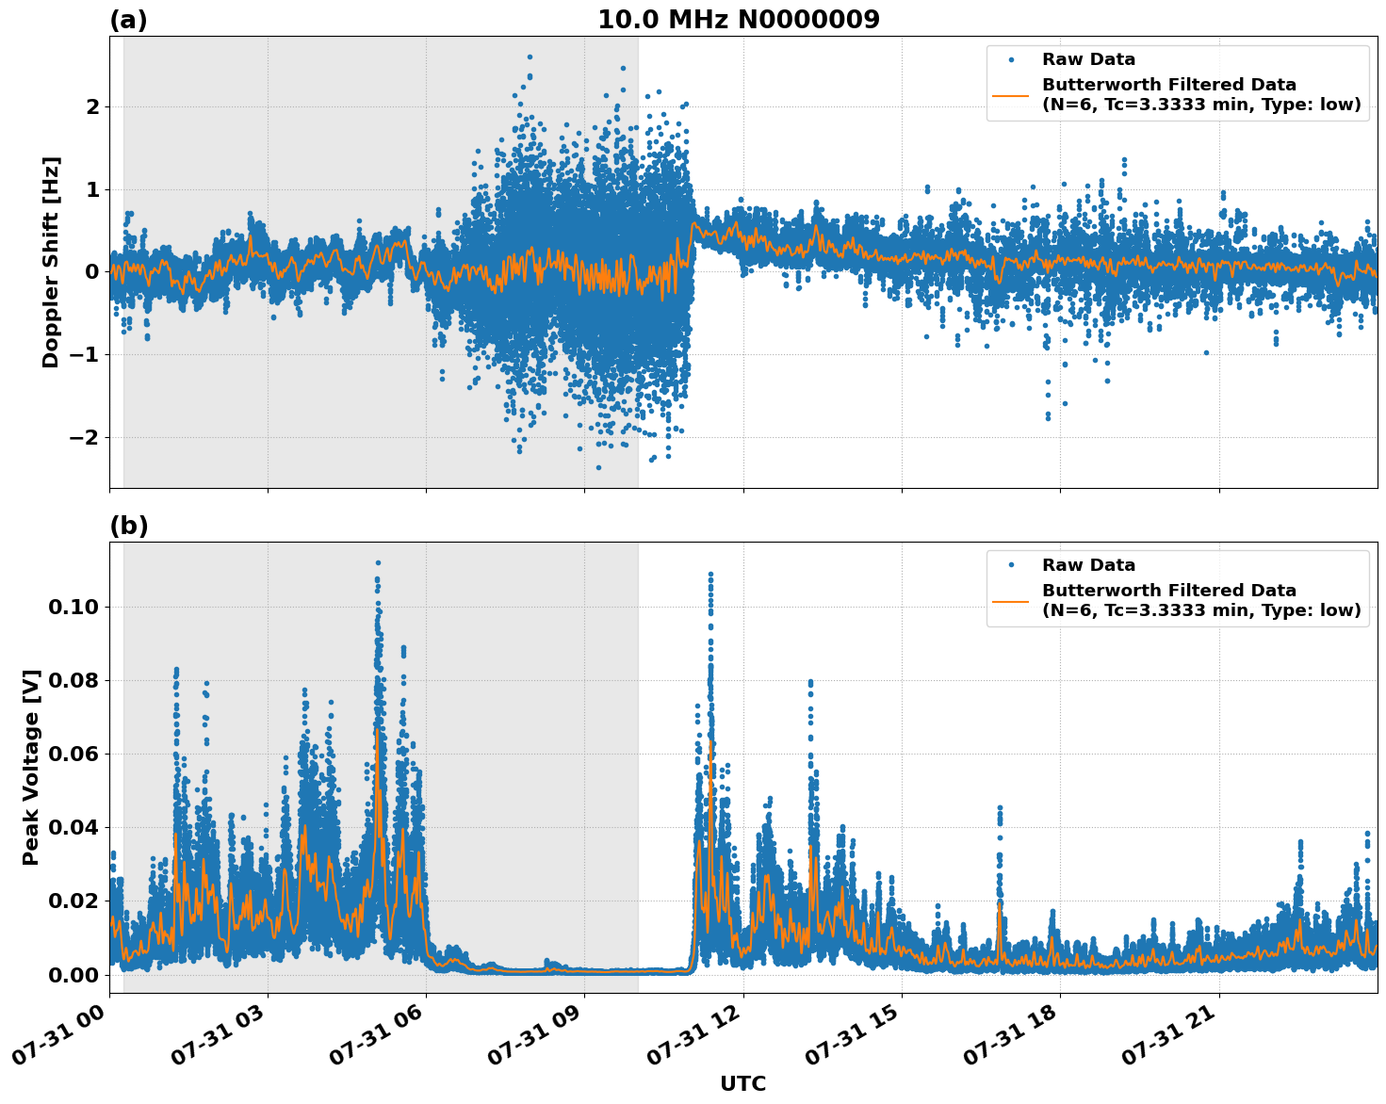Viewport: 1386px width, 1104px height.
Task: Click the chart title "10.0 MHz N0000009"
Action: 738,20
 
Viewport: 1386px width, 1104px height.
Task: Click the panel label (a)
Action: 128,20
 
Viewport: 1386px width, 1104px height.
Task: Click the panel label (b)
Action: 128,526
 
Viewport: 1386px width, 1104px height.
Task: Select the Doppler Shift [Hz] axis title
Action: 51,262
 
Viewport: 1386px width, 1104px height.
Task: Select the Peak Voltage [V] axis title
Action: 31,767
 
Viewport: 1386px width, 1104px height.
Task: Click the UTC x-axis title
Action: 742,1083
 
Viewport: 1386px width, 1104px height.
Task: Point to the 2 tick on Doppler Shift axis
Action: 92,107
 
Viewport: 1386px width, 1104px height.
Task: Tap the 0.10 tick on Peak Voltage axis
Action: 73,607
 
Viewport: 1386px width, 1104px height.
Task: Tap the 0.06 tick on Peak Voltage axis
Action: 73,754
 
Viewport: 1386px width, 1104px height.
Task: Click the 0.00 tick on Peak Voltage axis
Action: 73,974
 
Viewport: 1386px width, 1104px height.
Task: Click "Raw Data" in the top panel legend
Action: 1088,59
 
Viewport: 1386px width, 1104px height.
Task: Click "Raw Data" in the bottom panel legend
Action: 1088,565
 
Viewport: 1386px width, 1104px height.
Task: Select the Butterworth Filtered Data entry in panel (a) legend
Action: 1200,94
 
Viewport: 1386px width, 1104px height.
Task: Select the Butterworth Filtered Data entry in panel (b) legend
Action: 1200,600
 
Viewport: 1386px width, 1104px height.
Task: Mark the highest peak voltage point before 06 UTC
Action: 378,563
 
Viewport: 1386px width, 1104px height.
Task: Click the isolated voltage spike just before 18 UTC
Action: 1000,808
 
